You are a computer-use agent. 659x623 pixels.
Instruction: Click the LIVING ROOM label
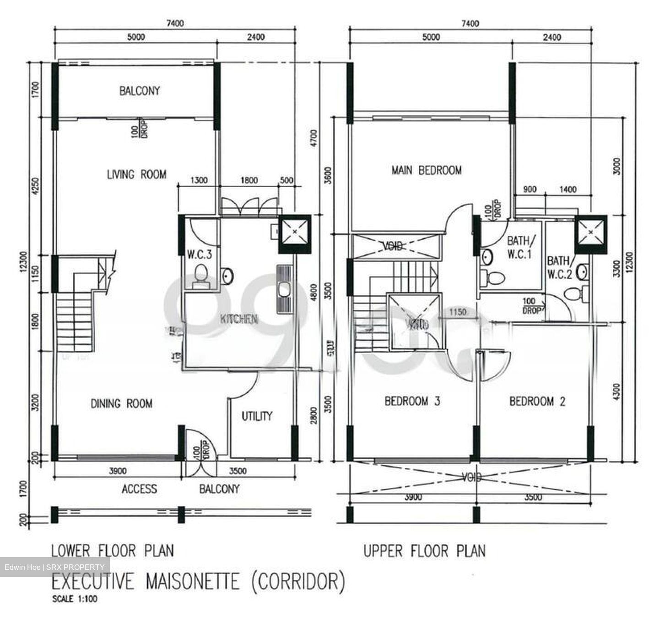pyautogui.click(x=136, y=174)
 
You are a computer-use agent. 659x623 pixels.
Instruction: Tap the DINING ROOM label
pyautogui.click(x=121, y=403)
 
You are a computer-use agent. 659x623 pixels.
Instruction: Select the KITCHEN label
pyautogui.click(x=238, y=319)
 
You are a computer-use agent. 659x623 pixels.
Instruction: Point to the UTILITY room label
pyautogui.click(x=257, y=416)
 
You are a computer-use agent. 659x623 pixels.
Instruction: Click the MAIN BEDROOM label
pyautogui.click(x=426, y=170)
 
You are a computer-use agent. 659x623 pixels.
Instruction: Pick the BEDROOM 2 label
pyautogui.click(x=537, y=401)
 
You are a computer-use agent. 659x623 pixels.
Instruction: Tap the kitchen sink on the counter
pyautogui.click(x=284, y=289)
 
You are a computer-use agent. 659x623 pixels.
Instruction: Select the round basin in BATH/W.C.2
pyautogui.click(x=582, y=272)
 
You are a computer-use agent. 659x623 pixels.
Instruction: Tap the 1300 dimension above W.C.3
pyautogui.click(x=199, y=180)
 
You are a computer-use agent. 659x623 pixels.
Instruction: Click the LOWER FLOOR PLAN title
pyautogui.click(x=113, y=550)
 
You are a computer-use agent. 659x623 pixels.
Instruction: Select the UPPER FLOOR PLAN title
pyautogui.click(x=424, y=550)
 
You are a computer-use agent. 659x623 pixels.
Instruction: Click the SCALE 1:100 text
pyautogui.click(x=75, y=598)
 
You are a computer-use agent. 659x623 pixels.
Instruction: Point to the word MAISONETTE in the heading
pyautogui.click(x=193, y=581)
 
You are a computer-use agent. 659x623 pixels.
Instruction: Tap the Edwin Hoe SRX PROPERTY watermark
pyautogui.click(x=54, y=567)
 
